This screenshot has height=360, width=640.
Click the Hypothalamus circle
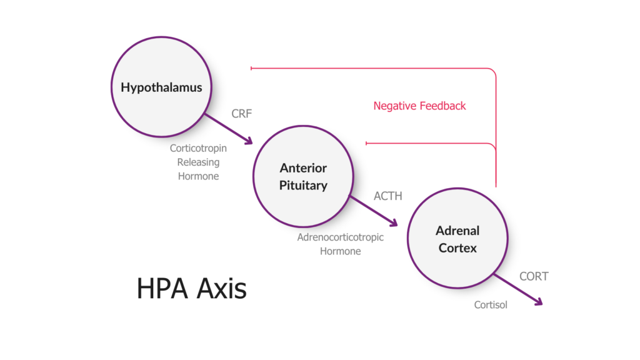coord(161,87)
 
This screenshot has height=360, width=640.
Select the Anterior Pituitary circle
coord(303,177)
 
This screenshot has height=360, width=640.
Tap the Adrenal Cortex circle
coord(457,239)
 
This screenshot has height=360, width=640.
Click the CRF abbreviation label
coord(241,114)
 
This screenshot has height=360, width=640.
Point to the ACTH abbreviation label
coord(387,196)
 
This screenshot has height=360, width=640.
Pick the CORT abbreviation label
coord(534,276)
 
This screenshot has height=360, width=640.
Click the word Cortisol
coord(491,305)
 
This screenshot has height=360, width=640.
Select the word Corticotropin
coord(198,149)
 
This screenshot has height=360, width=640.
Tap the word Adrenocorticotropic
coord(341,237)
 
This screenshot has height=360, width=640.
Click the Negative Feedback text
coord(419,106)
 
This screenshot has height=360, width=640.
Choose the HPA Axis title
coord(191,289)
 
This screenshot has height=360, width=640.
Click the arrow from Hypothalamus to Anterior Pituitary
coord(228,129)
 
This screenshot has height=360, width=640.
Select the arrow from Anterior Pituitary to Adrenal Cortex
coord(374,212)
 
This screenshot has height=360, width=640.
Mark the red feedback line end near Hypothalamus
coord(251,67)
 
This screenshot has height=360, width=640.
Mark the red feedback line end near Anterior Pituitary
coord(366,144)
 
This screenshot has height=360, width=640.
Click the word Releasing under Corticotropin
coord(198,162)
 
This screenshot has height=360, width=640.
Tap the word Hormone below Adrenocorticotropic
coord(341,251)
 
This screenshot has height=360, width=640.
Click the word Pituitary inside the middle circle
coord(303,186)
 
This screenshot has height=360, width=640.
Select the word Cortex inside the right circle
coord(457,248)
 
